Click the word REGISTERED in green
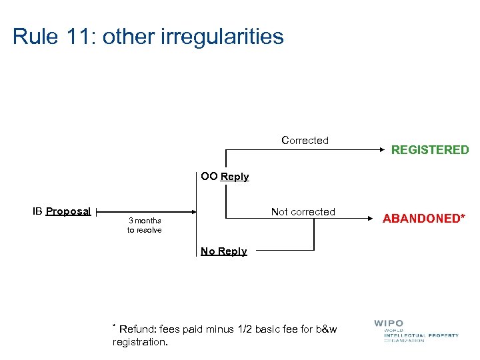429,150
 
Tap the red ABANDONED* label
423,219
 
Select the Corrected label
305,141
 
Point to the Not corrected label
303,212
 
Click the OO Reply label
225,177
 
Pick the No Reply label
224,251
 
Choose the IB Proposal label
61,211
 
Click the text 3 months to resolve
144,225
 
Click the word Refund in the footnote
136,329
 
